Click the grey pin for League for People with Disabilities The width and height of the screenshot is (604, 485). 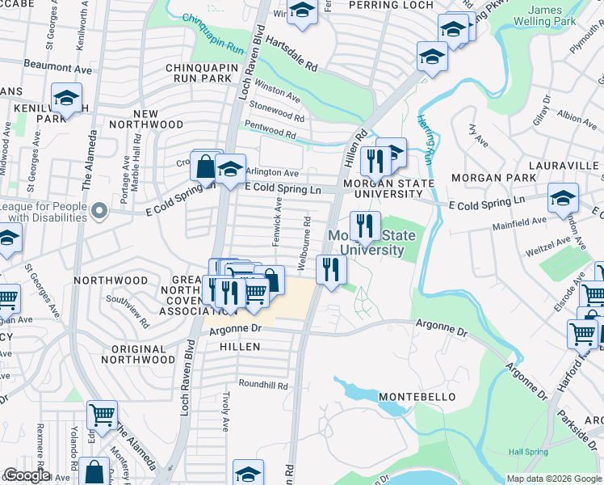(99, 212)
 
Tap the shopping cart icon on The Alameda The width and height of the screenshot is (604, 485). (102, 415)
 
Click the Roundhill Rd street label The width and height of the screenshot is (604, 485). (262, 386)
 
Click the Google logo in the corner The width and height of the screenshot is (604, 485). (26, 475)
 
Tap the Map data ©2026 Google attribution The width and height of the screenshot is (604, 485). (553, 479)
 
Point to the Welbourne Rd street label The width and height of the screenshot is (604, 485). (306, 242)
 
